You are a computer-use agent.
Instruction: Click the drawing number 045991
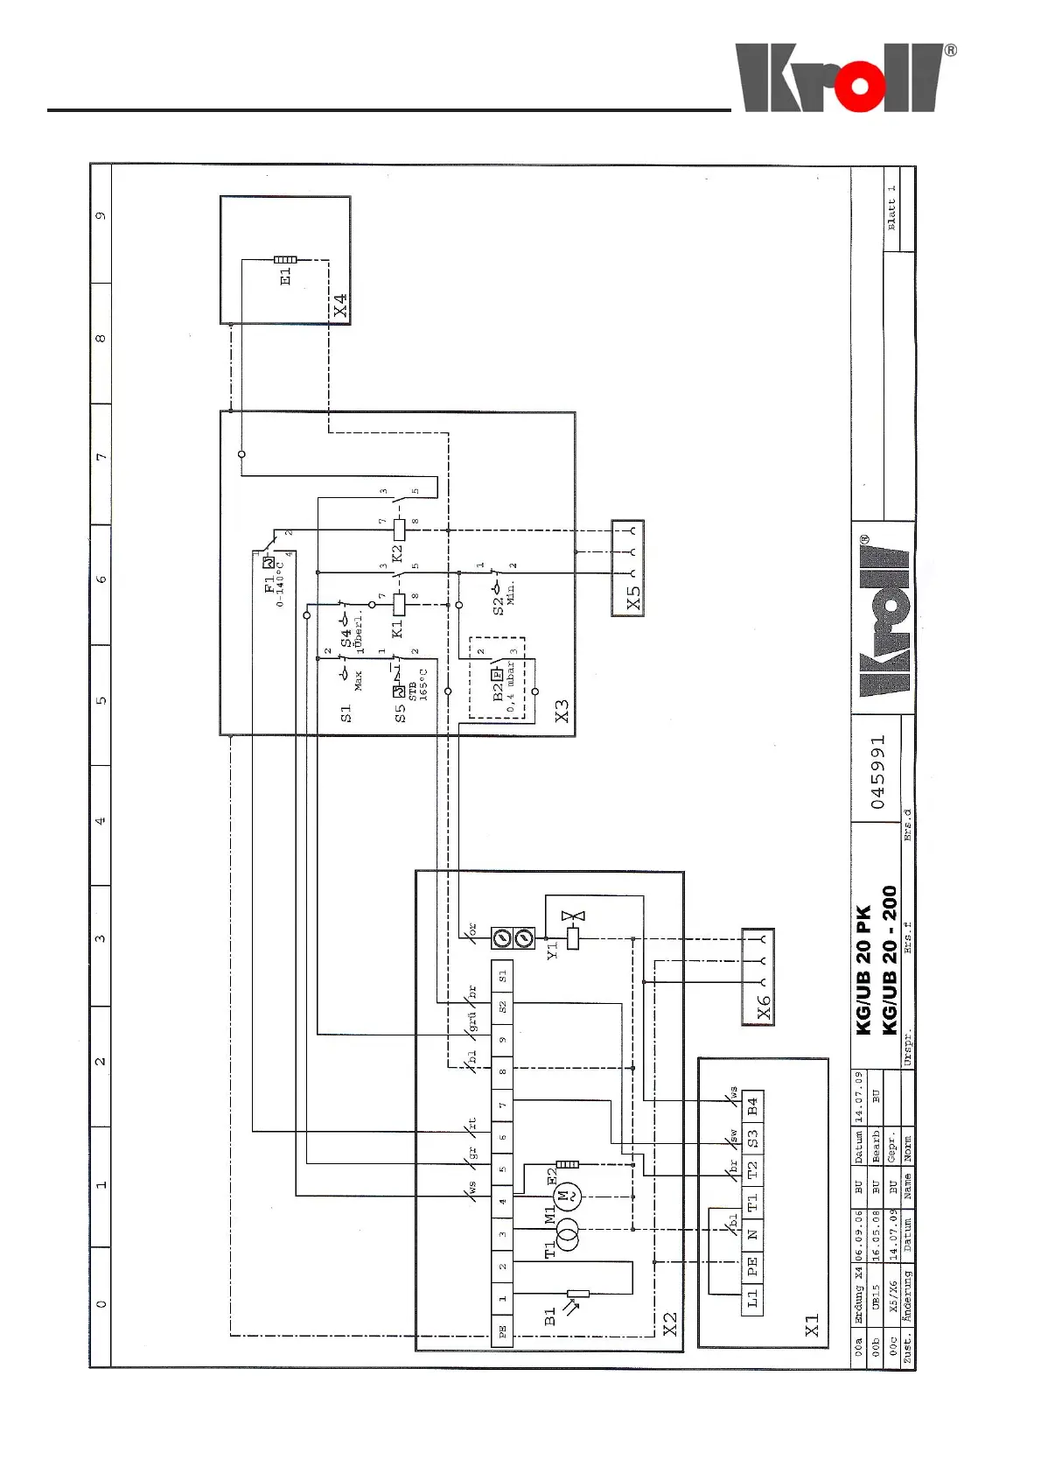point(877,772)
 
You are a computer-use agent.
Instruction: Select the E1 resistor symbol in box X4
point(285,260)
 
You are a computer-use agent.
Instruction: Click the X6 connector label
point(764,1007)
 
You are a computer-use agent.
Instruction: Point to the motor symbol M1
point(566,1194)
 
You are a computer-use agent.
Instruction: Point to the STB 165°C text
point(417,683)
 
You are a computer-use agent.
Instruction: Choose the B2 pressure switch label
point(498,691)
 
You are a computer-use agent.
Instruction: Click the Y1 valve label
point(552,950)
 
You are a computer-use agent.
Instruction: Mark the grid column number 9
point(101,215)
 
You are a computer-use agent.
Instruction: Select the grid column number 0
point(101,1304)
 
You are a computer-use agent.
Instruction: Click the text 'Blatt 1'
point(891,207)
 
